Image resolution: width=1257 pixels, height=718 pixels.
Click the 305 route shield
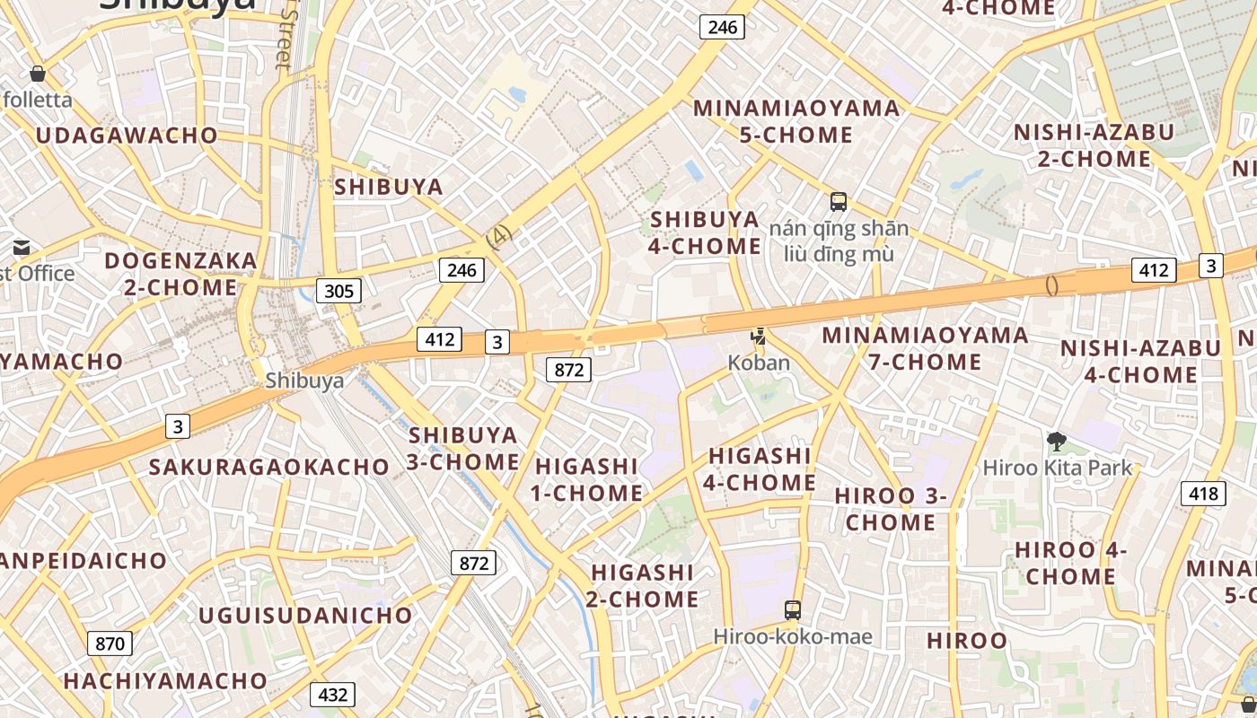[338, 290]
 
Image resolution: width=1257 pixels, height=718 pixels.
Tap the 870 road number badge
[110, 643]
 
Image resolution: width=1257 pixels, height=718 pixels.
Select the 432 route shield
[332, 694]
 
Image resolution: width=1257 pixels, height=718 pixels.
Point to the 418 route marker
[1203, 493]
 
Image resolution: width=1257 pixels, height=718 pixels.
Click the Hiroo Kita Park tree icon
[1057, 441]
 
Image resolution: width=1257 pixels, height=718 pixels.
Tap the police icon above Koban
[760, 337]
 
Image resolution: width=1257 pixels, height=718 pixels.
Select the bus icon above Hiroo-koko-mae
[792, 610]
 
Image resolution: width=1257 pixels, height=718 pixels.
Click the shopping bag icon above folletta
[38, 74]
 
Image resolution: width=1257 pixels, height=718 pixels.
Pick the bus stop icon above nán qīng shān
[839, 202]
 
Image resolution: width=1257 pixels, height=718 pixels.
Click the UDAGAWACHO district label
[127, 136]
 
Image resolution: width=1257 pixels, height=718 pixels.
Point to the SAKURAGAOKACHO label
[268, 467]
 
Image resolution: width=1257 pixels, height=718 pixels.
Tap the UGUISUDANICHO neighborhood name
[305, 616]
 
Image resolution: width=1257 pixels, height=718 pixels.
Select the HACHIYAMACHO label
[165, 680]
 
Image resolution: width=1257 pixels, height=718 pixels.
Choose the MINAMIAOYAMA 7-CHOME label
[925, 348]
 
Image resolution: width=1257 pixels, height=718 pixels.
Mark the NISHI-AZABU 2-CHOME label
[1094, 145]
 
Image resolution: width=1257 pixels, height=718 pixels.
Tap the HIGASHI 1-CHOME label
[587, 479]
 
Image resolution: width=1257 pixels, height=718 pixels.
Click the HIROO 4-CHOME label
[1070, 563]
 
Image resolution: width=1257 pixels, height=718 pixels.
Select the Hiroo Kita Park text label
[1058, 468]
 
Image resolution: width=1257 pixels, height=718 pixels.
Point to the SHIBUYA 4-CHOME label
[705, 232]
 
